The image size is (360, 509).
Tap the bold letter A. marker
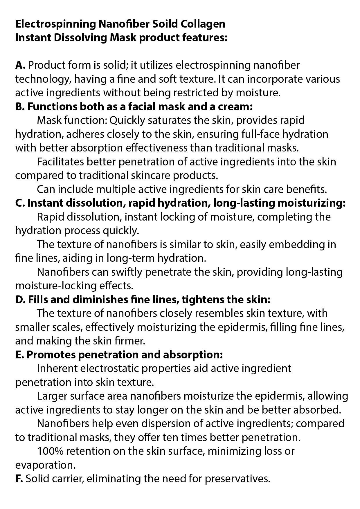20,65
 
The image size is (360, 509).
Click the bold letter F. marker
19,479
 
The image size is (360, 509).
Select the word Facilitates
60,162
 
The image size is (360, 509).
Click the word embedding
294,245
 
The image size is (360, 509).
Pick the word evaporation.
45,465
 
